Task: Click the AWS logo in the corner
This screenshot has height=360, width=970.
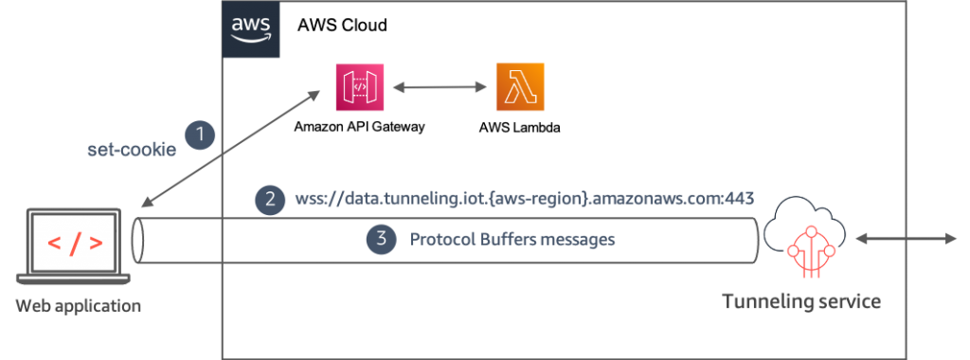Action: (250, 29)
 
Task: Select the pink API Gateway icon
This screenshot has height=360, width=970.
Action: (352, 88)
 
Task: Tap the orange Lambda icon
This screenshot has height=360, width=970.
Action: (520, 88)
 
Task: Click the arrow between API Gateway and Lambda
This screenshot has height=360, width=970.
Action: (437, 88)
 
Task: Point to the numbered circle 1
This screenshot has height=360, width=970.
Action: (199, 135)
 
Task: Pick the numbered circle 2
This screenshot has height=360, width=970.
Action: (270, 199)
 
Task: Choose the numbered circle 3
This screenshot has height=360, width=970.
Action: (381, 240)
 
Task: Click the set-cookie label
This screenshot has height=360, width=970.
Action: (131, 150)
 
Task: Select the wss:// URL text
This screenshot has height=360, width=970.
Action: (523, 200)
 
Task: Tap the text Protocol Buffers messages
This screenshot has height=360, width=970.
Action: (512, 240)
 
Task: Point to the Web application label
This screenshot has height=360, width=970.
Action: (79, 306)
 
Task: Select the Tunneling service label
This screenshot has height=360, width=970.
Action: (801, 302)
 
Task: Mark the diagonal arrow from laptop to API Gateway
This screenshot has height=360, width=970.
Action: (232, 147)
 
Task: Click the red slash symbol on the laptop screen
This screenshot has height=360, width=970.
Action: (72, 243)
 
